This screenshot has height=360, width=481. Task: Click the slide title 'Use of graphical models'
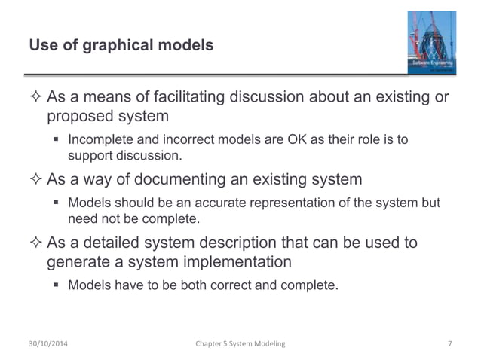pyautogui.click(x=121, y=47)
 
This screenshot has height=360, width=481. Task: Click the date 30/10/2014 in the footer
pyautogui.click(x=52, y=344)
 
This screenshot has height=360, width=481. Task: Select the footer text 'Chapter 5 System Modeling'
pyautogui.click(x=240, y=344)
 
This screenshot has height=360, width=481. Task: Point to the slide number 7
pyautogui.click(x=449, y=344)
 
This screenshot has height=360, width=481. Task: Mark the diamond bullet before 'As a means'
pyautogui.click(x=35, y=99)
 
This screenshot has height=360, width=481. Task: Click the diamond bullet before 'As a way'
pyautogui.click(x=35, y=179)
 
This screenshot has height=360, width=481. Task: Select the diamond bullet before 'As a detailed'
pyautogui.click(x=35, y=242)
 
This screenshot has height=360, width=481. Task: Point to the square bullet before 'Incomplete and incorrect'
pyautogui.click(x=57, y=141)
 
